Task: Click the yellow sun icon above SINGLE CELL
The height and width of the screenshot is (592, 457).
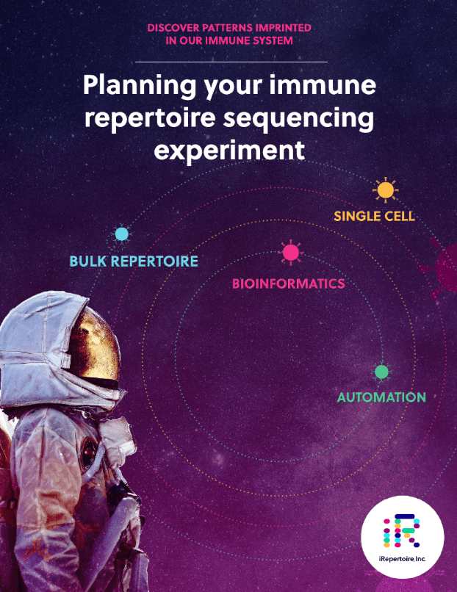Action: pos(384,190)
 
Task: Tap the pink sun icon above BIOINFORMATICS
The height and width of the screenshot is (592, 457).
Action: pos(291,253)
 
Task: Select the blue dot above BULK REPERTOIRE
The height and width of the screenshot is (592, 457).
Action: pos(122,234)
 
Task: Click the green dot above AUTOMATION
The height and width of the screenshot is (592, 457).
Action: pos(381,372)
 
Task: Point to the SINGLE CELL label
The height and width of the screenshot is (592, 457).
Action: pos(374,217)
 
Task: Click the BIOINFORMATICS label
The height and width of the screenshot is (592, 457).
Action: pos(288,284)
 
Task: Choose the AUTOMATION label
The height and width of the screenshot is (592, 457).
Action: pos(381,397)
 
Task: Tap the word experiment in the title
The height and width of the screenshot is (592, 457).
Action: pos(228,151)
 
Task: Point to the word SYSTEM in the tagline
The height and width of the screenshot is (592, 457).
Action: pos(272,41)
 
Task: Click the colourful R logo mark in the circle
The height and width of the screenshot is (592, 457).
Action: pos(402,531)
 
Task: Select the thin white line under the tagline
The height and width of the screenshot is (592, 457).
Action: pos(231,62)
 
